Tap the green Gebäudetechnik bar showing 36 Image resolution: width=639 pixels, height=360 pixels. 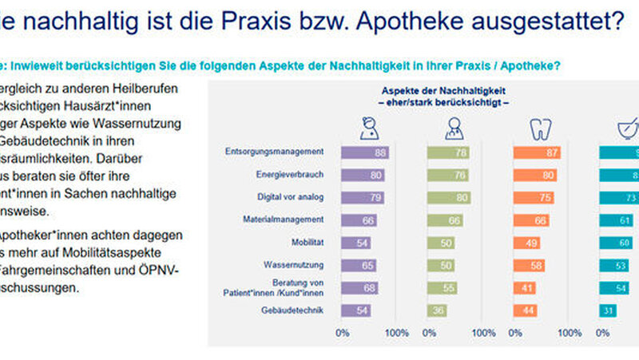click(436, 310)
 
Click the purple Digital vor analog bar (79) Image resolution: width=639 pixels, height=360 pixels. click(363, 197)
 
